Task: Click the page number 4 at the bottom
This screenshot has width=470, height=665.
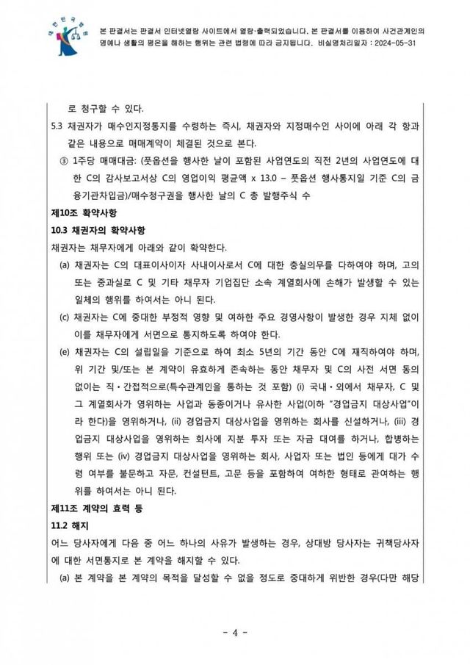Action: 235,631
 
